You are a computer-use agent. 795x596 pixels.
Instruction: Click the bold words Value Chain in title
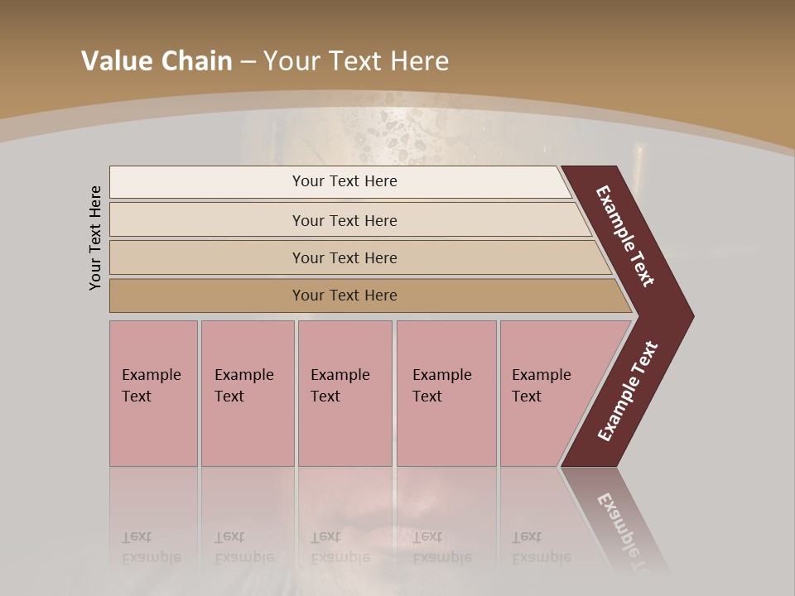(157, 61)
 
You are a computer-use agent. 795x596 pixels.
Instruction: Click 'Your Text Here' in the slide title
(356, 61)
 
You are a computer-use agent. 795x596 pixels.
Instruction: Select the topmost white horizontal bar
(340, 181)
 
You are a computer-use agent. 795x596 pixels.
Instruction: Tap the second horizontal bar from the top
(344, 220)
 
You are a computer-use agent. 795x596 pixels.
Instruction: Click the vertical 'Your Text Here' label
(95, 238)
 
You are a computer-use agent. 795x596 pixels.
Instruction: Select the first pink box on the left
(153, 393)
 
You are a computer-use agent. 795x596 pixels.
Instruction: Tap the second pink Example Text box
(247, 393)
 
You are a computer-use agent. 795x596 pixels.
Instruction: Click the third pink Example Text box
(344, 393)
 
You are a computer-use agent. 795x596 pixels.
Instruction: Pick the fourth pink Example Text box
(446, 393)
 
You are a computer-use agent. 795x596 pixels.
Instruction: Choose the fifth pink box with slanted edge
(547, 393)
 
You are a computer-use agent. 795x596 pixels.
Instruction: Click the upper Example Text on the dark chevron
(625, 236)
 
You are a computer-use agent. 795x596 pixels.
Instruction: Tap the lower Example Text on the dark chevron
(628, 392)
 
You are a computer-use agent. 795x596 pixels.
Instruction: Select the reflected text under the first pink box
(150, 547)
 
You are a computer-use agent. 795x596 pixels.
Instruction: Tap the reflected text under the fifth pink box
(541, 547)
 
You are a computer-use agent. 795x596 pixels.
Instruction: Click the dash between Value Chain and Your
(248, 62)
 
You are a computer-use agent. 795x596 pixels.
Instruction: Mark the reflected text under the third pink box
(340, 547)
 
